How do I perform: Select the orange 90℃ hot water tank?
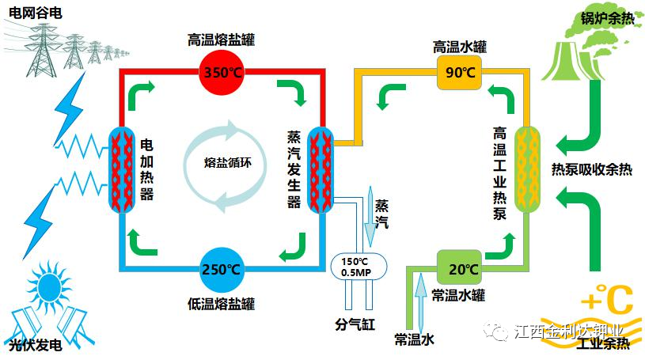tap(459, 73)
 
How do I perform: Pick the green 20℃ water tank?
tap(459, 269)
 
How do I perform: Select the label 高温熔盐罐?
tap(222, 38)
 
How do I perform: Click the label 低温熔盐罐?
tap(222, 304)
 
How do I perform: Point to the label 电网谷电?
tap(33, 10)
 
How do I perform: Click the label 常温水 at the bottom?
tap(415, 339)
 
